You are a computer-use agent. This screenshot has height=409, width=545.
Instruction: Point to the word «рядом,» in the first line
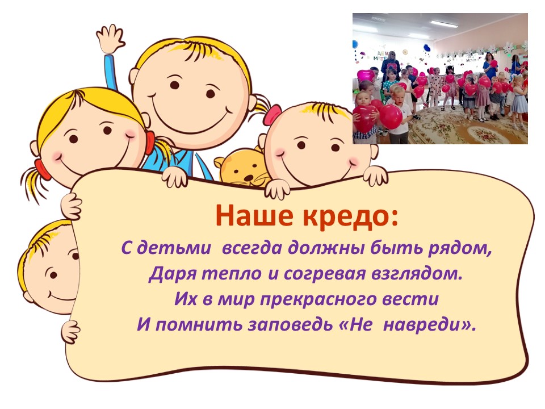[x=460, y=249]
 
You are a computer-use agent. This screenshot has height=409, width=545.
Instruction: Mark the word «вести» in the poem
[x=410, y=299]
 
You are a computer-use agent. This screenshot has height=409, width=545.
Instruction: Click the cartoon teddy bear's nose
[x=248, y=177]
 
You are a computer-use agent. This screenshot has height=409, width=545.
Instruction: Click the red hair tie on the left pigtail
[x=39, y=168]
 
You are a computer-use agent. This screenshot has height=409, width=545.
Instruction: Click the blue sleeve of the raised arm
[x=112, y=71]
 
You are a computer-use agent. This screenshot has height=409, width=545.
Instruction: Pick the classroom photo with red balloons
[x=440, y=78]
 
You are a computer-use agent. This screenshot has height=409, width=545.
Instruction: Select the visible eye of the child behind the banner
[x=53, y=276]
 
